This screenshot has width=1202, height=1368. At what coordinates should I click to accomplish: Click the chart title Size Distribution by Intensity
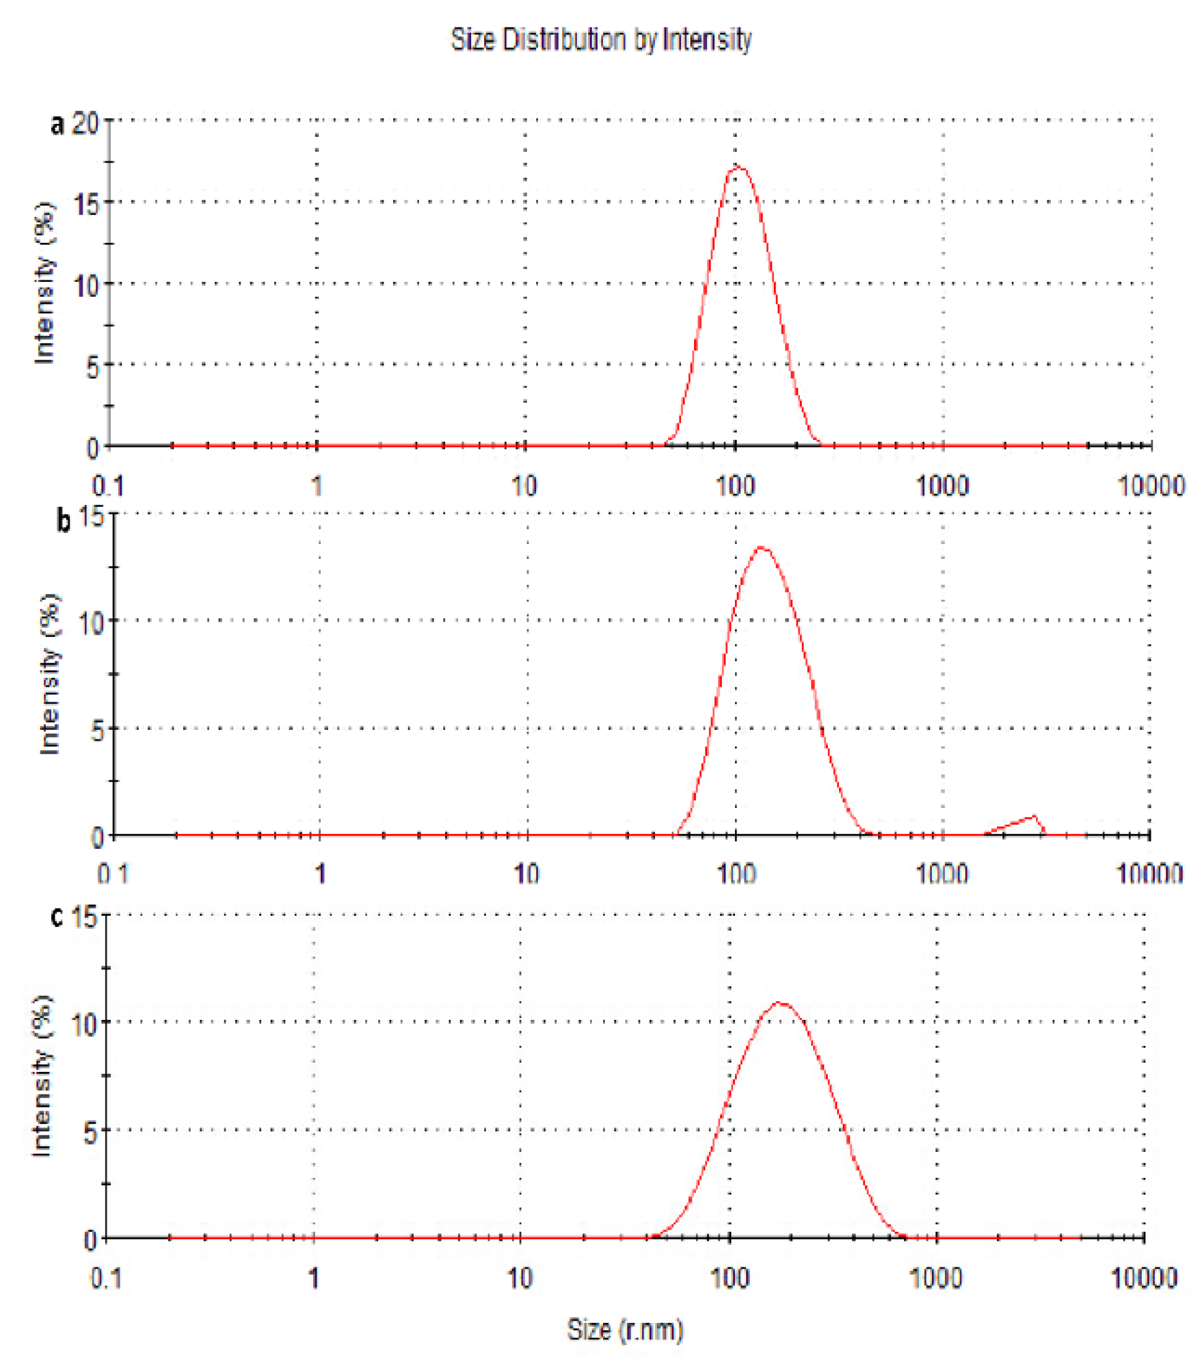pyautogui.click(x=601, y=40)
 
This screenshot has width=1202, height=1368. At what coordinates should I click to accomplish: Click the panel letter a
pyautogui.click(x=57, y=124)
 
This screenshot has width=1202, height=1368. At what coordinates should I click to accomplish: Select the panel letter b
pyautogui.click(x=63, y=521)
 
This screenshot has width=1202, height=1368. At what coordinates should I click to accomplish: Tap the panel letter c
pyautogui.click(x=57, y=917)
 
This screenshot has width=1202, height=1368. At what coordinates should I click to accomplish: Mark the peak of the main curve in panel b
pyautogui.click(x=762, y=547)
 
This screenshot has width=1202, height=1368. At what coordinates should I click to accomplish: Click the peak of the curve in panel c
pyautogui.click(x=779, y=1003)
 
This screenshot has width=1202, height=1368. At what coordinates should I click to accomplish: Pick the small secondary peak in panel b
pyautogui.click(x=1034, y=816)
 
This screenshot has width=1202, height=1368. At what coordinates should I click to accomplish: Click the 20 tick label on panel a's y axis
pyautogui.click(x=86, y=124)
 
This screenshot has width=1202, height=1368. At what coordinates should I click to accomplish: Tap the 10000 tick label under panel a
pyautogui.click(x=1151, y=486)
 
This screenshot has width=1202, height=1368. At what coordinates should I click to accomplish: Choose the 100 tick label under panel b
pyautogui.click(x=736, y=873)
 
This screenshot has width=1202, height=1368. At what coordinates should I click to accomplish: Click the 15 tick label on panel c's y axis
pyautogui.click(x=85, y=917)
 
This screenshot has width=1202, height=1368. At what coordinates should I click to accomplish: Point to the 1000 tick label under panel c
pyautogui.click(x=936, y=1278)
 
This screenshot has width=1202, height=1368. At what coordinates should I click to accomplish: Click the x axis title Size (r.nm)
pyautogui.click(x=625, y=1330)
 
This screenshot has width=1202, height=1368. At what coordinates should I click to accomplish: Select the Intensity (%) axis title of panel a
pyautogui.click(x=44, y=283)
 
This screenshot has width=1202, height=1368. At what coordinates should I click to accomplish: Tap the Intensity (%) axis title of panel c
pyautogui.click(x=42, y=1077)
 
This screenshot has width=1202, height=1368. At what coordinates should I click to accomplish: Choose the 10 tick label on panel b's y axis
pyautogui.click(x=90, y=623)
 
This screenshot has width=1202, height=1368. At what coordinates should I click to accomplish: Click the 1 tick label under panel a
pyautogui.click(x=317, y=486)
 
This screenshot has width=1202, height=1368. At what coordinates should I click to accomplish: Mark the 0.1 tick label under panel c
pyautogui.click(x=106, y=1278)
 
